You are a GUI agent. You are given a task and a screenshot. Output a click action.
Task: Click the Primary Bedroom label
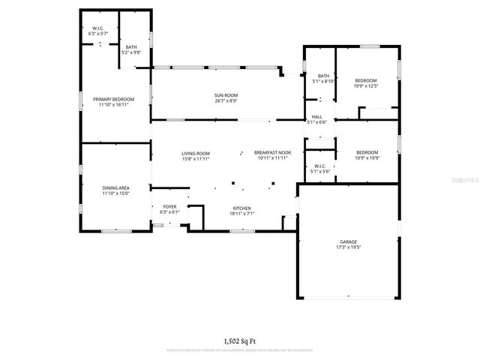[113, 99]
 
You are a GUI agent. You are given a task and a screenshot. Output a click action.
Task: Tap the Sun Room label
[226, 95]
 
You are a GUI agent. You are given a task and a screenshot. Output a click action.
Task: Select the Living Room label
[195, 153]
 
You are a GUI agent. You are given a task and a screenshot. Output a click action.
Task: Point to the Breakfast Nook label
[272, 153]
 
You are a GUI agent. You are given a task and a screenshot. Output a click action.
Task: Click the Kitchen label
[241, 208]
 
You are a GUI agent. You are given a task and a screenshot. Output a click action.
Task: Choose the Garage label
[349, 241]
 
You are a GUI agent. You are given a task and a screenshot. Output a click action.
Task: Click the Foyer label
[169, 206]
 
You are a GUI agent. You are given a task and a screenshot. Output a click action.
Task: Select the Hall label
[317, 116]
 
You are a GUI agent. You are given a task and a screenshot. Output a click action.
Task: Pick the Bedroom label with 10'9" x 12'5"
[366, 80]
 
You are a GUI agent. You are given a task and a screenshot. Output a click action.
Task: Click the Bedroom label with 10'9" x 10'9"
[367, 152]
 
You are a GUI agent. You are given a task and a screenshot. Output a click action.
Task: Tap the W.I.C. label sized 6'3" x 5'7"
[98, 28]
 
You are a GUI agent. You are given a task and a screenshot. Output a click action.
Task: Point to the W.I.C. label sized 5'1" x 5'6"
[319, 166]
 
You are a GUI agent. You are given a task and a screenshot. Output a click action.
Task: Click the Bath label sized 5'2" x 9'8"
[131, 47]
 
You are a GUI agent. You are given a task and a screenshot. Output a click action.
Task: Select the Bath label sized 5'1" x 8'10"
[323, 76]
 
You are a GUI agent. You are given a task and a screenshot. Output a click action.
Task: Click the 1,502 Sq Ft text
[239, 340]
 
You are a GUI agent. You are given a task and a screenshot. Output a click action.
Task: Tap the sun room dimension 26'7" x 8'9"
[226, 100]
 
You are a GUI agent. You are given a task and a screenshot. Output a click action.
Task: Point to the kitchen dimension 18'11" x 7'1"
[241, 213]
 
